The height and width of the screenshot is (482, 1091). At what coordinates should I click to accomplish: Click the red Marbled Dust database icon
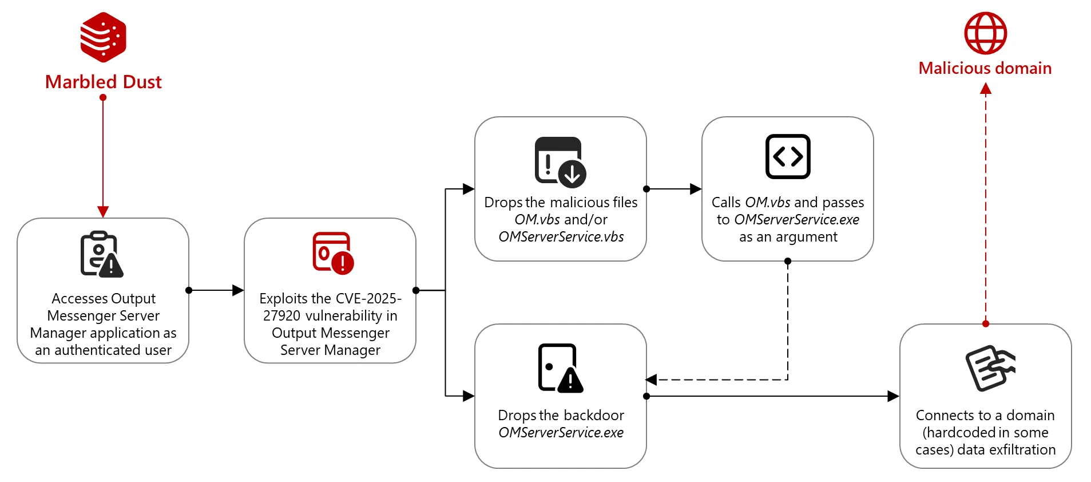[103, 37]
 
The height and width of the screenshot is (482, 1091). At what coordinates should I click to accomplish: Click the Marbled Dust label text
[104, 82]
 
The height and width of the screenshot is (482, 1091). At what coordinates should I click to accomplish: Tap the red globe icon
[985, 33]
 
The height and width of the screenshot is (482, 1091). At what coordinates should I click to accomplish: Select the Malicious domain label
[985, 68]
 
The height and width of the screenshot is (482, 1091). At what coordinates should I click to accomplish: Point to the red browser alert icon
[333, 252]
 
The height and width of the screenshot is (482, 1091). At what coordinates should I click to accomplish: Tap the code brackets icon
[788, 156]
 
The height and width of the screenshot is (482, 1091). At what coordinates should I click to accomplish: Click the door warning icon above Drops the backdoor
[560, 368]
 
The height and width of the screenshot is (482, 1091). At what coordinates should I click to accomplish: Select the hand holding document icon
[990, 368]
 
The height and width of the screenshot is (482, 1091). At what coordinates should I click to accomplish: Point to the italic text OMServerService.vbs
[561, 236]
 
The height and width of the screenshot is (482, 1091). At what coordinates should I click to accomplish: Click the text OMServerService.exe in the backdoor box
[561, 432]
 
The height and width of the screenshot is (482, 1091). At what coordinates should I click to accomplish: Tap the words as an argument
[788, 236]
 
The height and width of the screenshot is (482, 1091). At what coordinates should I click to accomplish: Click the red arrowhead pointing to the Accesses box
[103, 212]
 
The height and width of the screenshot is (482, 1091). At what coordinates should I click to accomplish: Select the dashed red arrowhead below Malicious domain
[985, 89]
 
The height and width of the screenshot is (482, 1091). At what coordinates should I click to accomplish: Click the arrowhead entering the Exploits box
[238, 290]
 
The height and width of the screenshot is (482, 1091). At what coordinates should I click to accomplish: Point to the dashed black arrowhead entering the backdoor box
[652, 380]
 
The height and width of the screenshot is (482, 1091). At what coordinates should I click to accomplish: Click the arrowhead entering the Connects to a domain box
[893, 396]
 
